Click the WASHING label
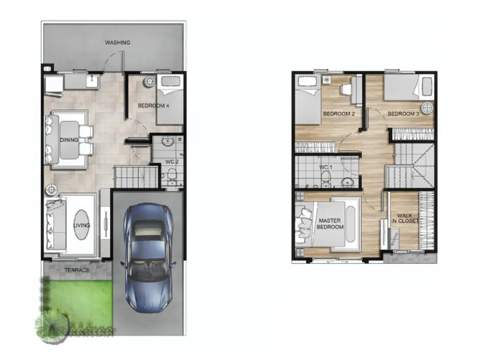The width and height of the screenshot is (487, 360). (118, 43)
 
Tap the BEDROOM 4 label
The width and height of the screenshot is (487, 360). (154, 106)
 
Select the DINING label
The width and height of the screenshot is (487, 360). (69, 140)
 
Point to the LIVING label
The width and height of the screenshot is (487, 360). (82, 226)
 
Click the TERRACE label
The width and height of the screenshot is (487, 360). (77, 270)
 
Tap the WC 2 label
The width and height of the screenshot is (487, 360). (172, 161)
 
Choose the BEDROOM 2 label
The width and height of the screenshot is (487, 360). (339, 114)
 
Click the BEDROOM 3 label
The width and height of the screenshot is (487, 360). (404, 114)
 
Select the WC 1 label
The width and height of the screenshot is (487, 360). (325, 167)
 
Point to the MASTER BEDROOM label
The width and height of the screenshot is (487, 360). (330, 224)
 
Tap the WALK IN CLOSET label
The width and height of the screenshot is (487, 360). (405, 218)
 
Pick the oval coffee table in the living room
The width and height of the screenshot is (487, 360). (82, 224)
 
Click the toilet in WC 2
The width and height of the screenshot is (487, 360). (171, 175)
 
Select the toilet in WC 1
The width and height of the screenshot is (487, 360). (325, 178)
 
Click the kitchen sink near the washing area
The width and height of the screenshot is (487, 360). (92, 82)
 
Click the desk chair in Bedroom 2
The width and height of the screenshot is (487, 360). (346, 89)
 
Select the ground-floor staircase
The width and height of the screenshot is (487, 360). (137, 177)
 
